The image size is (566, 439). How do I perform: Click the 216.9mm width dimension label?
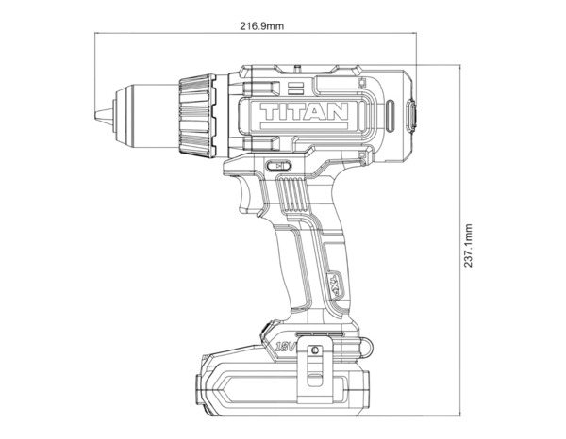click(261, 25)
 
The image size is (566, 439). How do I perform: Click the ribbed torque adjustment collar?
click(199, 112)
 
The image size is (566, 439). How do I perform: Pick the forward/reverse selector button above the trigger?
click(280, 166)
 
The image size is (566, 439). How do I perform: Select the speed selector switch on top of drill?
click(297, 67)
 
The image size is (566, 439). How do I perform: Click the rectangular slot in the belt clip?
click(313, 364)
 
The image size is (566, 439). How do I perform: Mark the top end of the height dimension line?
click(459, 65)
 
